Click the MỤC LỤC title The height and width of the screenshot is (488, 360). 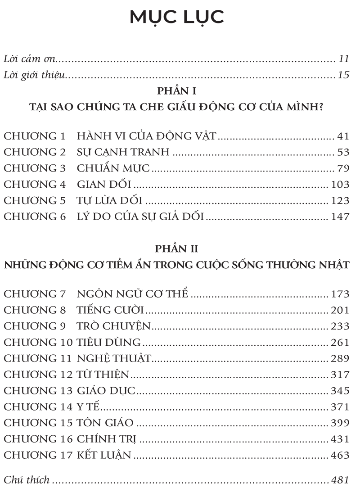pos(177,17)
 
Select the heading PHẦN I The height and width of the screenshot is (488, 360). pos(177,91)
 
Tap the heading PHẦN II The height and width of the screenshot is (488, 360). pos(177,249)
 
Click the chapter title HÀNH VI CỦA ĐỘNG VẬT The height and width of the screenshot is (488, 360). pos(147,136)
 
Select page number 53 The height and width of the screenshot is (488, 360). pos(343,152)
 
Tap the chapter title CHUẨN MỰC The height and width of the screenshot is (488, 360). pos(113,168)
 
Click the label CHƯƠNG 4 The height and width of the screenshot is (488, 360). pos(35,184)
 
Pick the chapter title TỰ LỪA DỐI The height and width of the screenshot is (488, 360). pos(110,200)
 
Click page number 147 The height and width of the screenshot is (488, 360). pos(340,217)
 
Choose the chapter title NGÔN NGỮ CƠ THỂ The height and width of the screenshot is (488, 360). pos(132,294)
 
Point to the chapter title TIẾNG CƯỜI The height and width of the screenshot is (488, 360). pos(110,311)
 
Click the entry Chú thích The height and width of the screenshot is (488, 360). pos(26,479)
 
